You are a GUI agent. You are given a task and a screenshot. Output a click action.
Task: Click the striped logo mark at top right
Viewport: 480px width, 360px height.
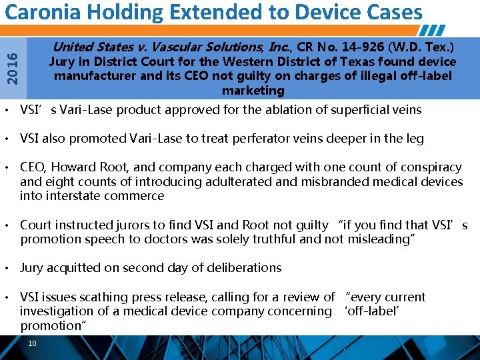435,31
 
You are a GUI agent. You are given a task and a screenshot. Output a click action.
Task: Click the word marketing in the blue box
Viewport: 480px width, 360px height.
253,90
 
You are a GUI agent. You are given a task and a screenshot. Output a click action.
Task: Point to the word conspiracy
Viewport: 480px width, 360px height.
429,167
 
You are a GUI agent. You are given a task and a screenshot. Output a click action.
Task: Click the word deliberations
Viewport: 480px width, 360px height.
241,268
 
